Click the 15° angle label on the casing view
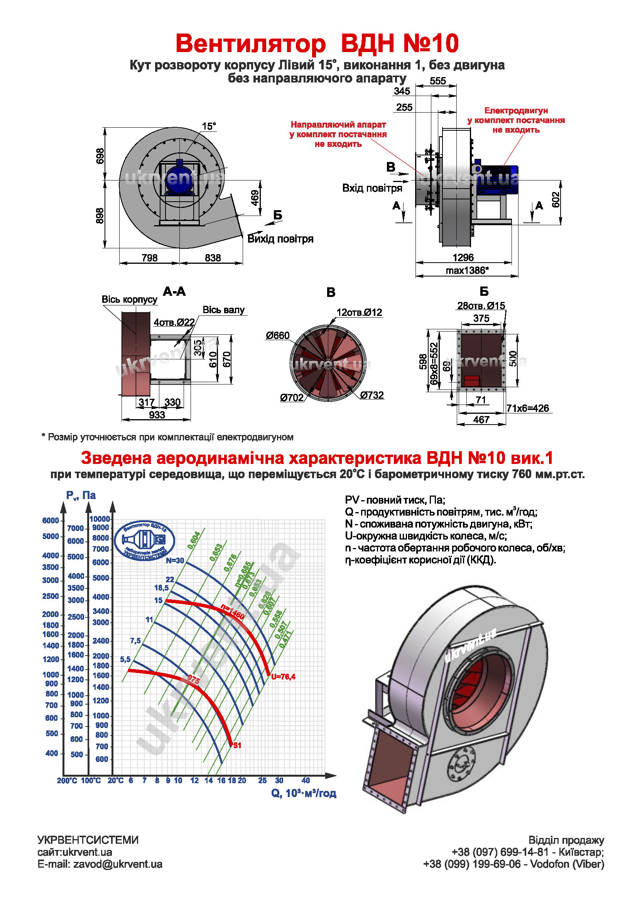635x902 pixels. click(x=209, y=126)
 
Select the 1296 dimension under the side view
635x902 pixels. click(x=463, y=257)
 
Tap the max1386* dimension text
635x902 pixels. click(x=467, y=270)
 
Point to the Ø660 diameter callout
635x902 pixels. click(x=277, y=336)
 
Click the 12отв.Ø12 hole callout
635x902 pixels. click(x=359, y=312)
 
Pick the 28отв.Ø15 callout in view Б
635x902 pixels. click(x=481, y=306)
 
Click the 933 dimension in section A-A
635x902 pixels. click(x=157, y=415)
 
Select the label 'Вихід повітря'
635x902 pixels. click(x=280, y=239)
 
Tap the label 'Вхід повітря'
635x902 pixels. click(x=372, y=188)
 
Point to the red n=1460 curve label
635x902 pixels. click(x=232, y=611)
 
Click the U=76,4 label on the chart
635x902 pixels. click(x=283, y=676)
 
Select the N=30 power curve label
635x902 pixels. click(x=175, y=561)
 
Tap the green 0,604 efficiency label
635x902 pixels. click(x=194, y=540)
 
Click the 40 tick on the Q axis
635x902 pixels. click(x=305, y=780)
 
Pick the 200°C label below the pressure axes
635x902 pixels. click(x=67, y=781)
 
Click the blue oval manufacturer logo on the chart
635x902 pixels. click(x=145, y=541)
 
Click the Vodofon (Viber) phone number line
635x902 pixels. click(x=513, y=864)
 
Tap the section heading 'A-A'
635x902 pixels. click(x=174, y=292)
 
